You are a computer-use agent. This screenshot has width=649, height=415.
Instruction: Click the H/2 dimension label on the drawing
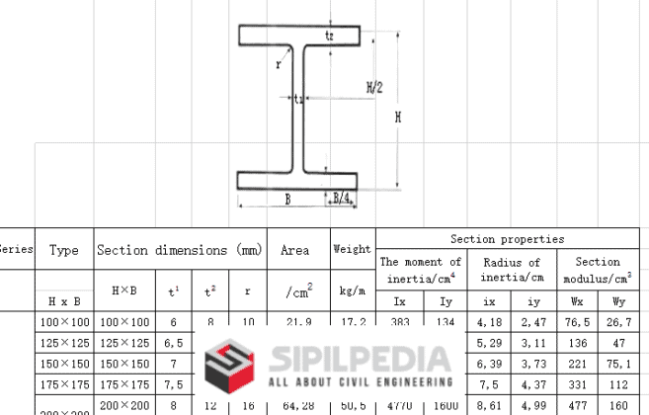coord(373,87)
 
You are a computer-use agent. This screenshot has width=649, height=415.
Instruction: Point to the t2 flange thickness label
coord(329,36)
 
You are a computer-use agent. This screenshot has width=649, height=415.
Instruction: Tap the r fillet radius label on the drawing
coord(279,64)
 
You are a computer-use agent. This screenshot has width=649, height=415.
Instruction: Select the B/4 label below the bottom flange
coord(341,199)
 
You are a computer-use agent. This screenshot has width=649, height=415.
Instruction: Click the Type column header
coord(64,251)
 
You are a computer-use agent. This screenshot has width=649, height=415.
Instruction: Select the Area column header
coord(294,251)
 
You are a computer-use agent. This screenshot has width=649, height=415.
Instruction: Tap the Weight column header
coord(352,250)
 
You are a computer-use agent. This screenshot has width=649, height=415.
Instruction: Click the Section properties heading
coord(507,239)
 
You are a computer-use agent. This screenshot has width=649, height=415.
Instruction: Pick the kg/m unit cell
coord(352,293)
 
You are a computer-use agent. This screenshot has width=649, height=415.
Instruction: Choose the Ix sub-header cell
coord(399,301)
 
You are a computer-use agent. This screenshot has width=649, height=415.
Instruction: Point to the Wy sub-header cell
coord(618,301)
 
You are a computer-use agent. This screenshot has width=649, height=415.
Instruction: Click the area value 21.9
coord(295,323)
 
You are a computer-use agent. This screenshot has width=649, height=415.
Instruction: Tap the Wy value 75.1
coord(618,363)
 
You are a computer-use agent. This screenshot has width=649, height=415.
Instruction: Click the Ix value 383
coord(399,323)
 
